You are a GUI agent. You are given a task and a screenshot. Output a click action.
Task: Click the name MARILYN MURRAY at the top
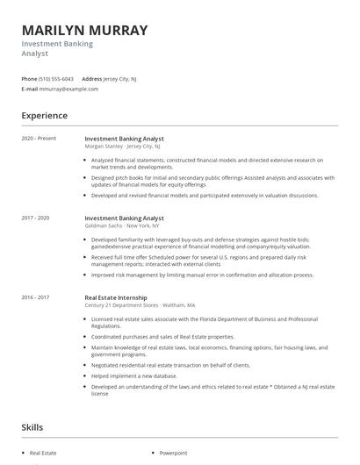(x=84, y=30)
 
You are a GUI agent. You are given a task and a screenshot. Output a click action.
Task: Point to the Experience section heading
(x=45, y=115)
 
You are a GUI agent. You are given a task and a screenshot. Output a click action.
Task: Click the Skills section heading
(x=32, y=427)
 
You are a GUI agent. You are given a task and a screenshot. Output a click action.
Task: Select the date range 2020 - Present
(x=39, y=139)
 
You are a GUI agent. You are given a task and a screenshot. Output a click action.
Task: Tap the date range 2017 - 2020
(x=36, y=217)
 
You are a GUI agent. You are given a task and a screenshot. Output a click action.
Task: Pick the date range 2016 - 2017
(x=36, y=297)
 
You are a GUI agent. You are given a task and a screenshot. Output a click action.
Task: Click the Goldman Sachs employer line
(x=122, y=225)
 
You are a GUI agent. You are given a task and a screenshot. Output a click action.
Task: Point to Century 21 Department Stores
(x=135, y=304)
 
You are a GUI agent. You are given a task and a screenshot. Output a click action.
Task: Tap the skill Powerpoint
(x=173, y=453)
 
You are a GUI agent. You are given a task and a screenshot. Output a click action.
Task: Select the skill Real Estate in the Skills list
(x=44, y=453)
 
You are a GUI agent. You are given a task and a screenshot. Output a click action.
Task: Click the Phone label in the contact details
(x=29, y=78)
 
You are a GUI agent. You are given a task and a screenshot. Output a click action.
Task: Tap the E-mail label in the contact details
(x=30, y=89)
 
